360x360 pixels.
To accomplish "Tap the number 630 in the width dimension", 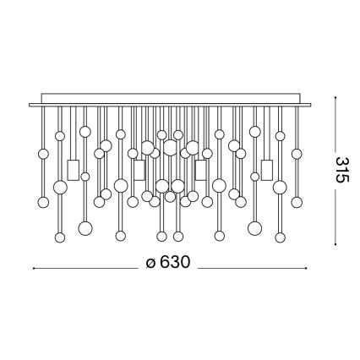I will [169, 263].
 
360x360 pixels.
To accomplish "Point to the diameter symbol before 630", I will [150, 263].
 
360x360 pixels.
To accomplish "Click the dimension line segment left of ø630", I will [85, 268].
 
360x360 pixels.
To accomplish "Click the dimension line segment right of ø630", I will [254, 268].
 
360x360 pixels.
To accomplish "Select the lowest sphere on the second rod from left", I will [59, 237].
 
